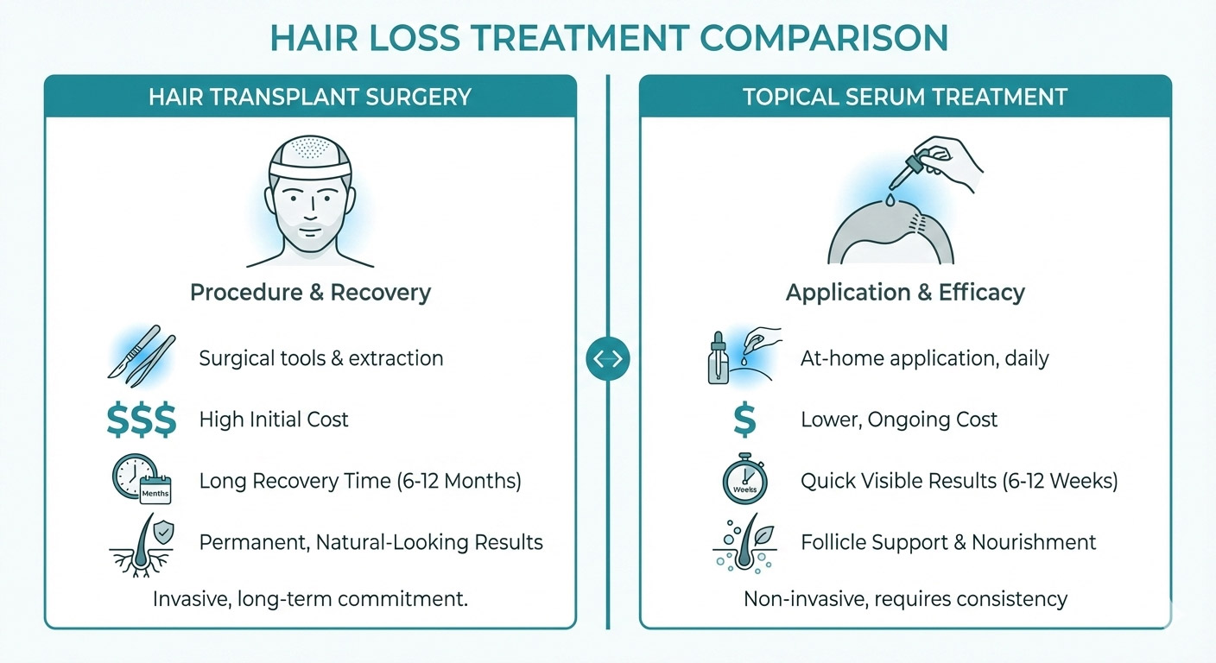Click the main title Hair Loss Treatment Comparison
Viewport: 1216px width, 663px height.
[608, 38]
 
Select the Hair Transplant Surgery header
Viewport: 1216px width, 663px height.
[310, 96]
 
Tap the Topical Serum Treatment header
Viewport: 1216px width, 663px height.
[905, 96]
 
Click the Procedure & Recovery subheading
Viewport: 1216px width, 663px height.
[310, 292]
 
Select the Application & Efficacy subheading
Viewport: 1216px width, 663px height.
[905, 292]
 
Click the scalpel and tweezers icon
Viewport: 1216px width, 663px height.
[142, 358]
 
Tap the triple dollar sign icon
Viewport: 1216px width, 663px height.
[141, 420]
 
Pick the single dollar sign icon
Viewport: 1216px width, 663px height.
[744, 420]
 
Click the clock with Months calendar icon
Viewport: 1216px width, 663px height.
[141, 479]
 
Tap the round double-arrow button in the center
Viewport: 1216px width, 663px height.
[608, 359]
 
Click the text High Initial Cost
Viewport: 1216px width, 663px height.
[274, 420]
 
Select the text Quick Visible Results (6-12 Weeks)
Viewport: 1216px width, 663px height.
[959, 481]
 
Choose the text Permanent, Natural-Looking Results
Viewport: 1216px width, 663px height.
[370, 542]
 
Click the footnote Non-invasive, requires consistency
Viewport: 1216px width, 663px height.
[905, 598]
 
